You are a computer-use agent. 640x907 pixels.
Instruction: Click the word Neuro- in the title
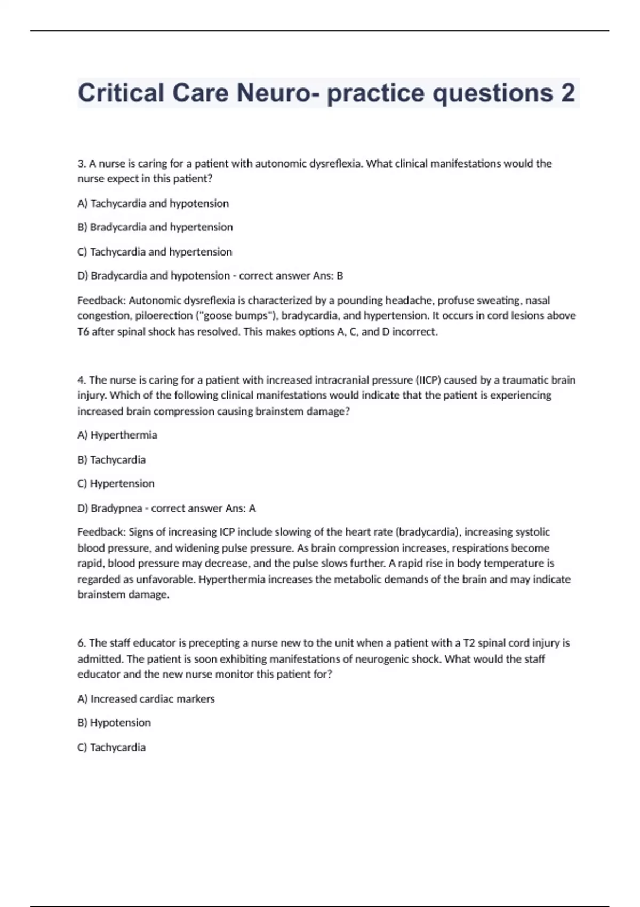point(278,93)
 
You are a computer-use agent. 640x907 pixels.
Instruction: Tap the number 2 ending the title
point(567,93)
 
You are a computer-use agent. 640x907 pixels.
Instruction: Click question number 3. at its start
point(82,164)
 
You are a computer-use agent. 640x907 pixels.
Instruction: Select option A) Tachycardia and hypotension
point(153,203)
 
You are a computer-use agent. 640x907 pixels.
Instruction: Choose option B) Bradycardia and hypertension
point(155,227)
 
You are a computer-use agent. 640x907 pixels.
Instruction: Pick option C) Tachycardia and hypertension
point(155,252)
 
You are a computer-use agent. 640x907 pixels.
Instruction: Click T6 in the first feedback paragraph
point(83,332)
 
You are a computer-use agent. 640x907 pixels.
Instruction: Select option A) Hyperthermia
point(117,435)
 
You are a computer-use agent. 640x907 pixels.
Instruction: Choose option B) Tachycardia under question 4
point(111,460)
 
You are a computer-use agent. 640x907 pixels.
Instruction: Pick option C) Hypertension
point(116,484)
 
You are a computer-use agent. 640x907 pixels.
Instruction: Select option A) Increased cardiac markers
point(146,699)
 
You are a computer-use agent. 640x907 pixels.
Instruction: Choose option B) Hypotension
point(114,723)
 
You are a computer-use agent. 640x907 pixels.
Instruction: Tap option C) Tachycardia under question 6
point(111,747)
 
